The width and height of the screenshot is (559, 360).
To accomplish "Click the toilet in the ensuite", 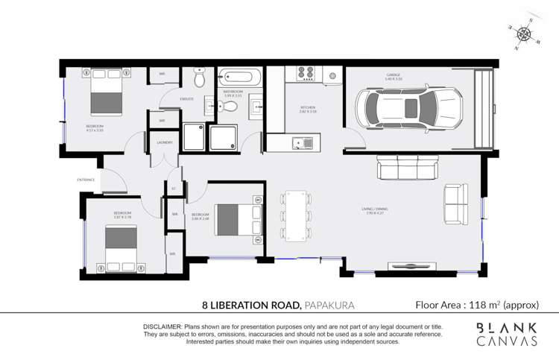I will [x=199, y=78].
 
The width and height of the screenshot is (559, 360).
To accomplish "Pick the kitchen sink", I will [x=302, y=142].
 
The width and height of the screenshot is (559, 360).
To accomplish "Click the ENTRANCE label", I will [x=86, y=180].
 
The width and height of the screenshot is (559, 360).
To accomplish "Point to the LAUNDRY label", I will [x=165, y=142].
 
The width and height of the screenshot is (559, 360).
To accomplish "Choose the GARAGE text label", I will [x=394, y=75].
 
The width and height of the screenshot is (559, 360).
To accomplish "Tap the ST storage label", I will [x=174, y=189].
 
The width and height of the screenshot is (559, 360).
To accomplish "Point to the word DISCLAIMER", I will [x=162, y=327].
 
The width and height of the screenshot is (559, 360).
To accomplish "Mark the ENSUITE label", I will [x=187, y=98].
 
